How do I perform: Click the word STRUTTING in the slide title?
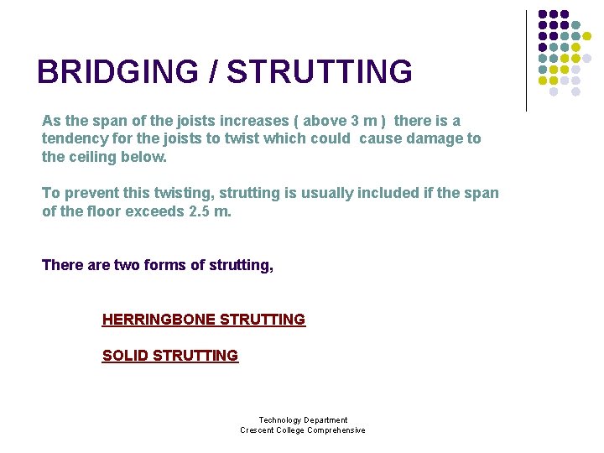320,72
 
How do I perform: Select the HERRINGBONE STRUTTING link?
204,320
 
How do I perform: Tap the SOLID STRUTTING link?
170,356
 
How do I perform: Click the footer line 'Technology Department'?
303,420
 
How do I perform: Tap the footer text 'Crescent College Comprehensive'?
303,430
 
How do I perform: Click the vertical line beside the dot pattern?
527,60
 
